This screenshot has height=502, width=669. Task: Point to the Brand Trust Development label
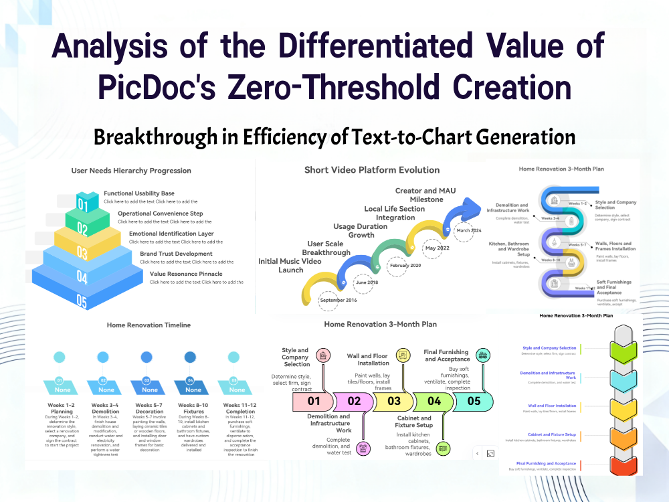pos(176,254)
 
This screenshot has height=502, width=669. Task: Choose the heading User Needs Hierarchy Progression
pos(131,171)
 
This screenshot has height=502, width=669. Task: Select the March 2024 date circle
pos(469,230)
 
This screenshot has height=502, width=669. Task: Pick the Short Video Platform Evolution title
pos(372,170)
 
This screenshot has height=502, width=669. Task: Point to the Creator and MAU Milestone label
pos(425,195)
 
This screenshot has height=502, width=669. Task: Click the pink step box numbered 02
pos(354,402)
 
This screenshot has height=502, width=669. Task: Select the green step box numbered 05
pos(474,402)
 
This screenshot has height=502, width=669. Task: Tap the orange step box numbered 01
pos(313,402)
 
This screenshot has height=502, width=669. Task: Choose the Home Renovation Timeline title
pos(149,325)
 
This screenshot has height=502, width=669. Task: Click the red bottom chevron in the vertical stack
pos(624,464)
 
